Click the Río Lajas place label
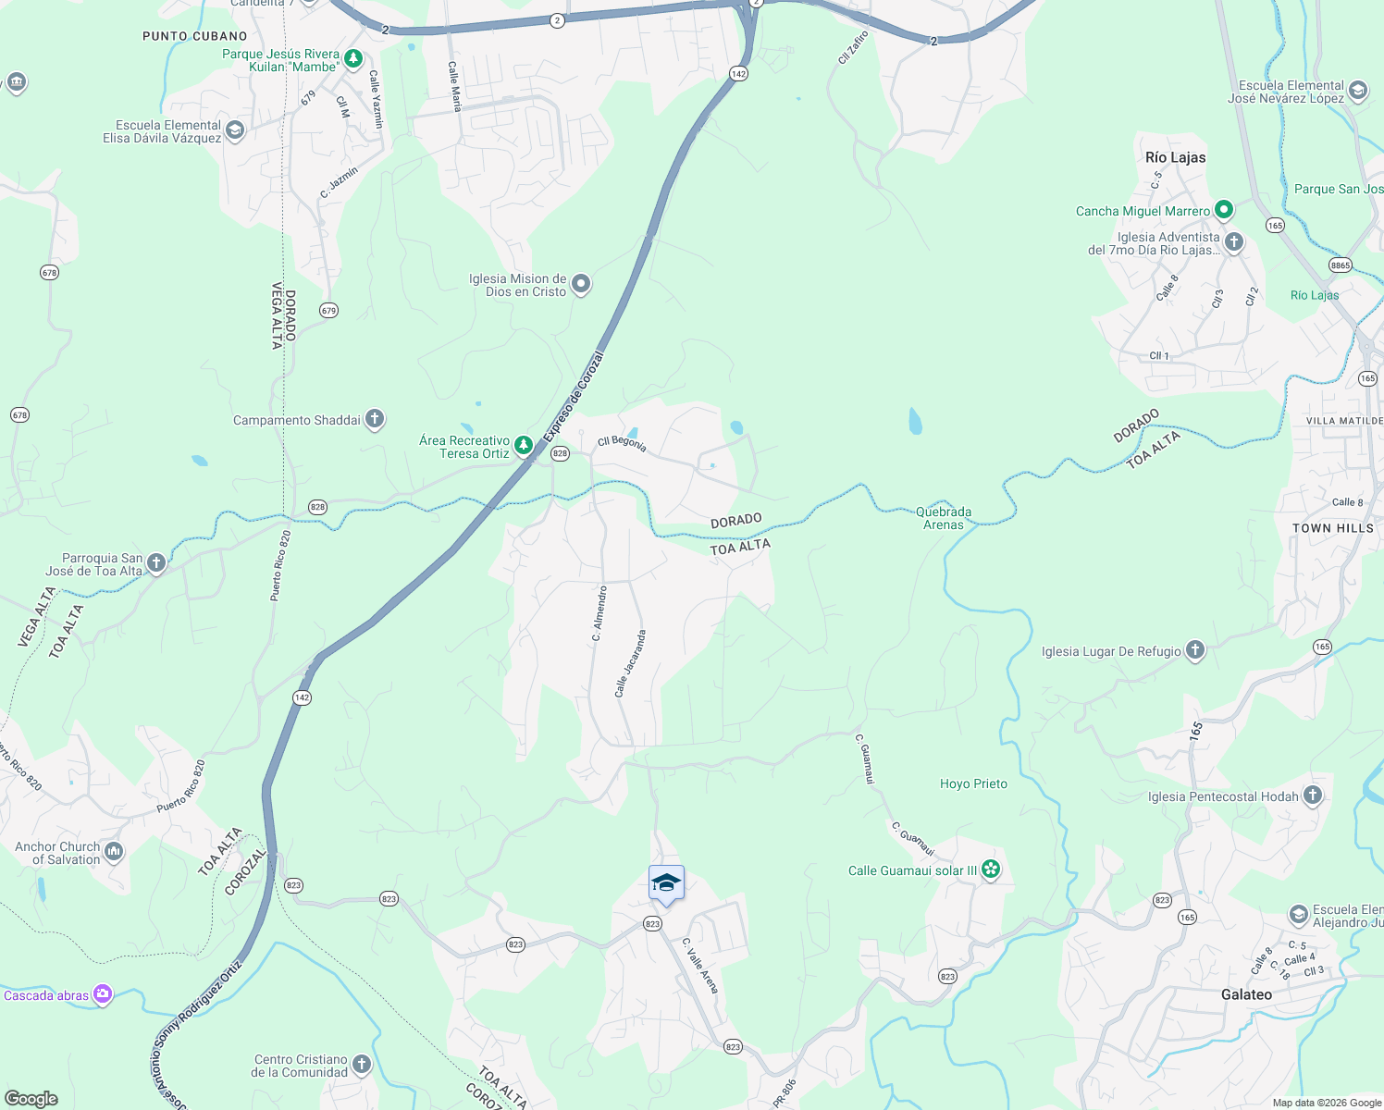(x=1175, y=157)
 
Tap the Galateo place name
(x=1246, y=994)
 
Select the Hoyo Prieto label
(x=973, y=783)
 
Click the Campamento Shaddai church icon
(x=375, y=419)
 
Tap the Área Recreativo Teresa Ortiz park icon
(x=524, y=446)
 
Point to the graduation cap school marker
(x=666, y=884)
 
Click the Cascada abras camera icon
(x=103, y=994)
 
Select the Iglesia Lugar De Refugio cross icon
(x=1195, y=650)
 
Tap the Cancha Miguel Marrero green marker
(x=1224, y=210)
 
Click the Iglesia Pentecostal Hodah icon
(x=1313, y=795)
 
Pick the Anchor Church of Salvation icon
(x=114, y=851)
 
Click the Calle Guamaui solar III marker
(x=991, y=869)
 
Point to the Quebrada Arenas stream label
(x=944, y=518)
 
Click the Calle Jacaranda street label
(x=630, y=663)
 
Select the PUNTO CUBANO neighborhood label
(x=195, y=36)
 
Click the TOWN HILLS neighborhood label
(x=1333, y=528)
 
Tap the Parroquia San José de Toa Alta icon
(x=156, y=562)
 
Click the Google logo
(x=31, y=1099)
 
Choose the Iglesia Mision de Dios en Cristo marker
(x=581, y=284)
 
